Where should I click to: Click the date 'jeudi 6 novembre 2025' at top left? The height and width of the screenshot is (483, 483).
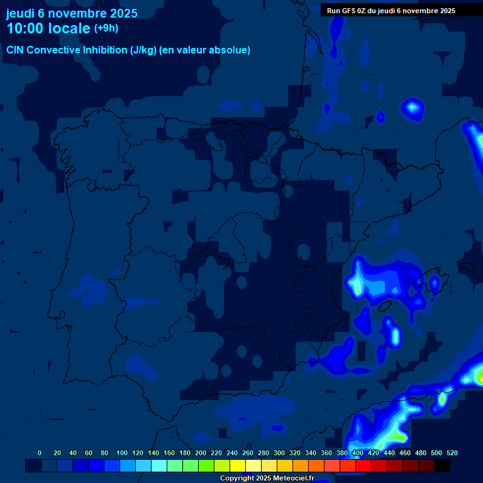click(x=72, y=13)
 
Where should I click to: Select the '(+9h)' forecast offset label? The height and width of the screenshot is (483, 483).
click(x=106, y=28)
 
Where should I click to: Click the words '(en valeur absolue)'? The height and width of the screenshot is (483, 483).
click(x=205, y=50)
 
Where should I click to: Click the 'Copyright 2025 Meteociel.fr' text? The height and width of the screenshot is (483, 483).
click(x=267, y=479)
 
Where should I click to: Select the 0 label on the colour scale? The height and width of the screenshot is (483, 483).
click(x=40, y=453)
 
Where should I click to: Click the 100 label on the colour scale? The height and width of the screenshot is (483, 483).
click(x=122, y=453)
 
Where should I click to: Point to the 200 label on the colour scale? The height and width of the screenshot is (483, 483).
click(x=201, y=453)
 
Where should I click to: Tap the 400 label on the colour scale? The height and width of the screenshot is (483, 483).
click(x=358, y=453)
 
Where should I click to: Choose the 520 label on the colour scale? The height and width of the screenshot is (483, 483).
click(x=452, y=453)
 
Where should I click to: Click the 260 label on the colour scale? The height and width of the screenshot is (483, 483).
click(x=248, y=453)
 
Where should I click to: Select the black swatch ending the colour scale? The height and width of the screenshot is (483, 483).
click(x=442, y=466)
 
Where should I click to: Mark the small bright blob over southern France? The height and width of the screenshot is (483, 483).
click(x=413, y=108)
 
